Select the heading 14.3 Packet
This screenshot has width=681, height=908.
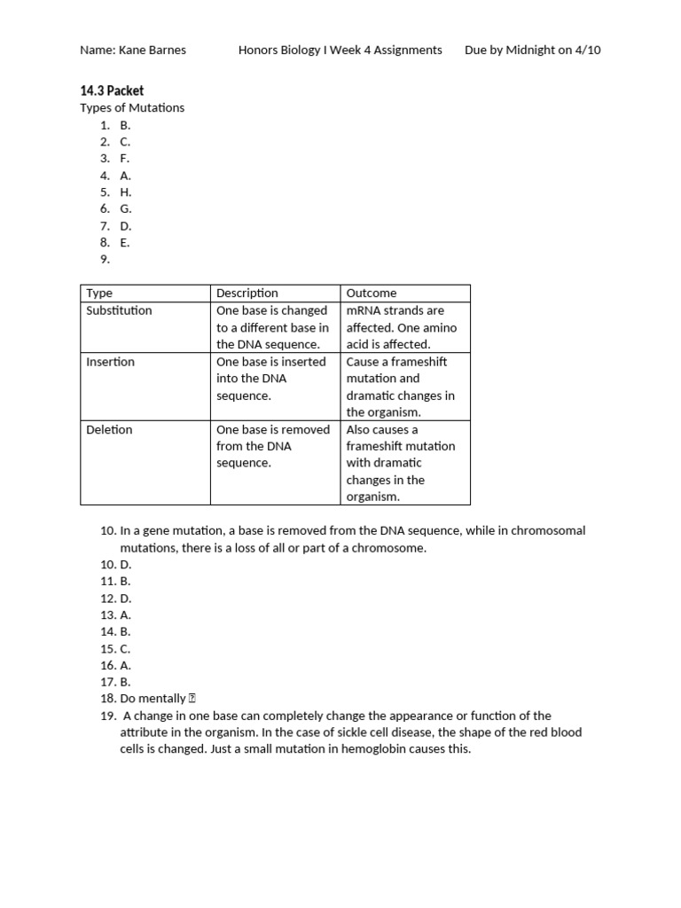click(112, 90)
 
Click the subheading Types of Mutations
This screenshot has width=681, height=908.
click(132, 107)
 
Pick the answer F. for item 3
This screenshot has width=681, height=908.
click(125, 158)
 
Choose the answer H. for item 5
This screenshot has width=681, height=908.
click(126, 192)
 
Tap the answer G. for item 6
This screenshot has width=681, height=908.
click(126, 208)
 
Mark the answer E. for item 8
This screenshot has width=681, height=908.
click(125, 242)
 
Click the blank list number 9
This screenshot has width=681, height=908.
click(105, 259)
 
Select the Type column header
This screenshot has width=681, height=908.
click(99, 293)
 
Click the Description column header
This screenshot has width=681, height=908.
click(247, 293)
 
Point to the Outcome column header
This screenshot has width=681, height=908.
click(372, 293)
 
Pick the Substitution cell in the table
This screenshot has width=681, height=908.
click(119, 310)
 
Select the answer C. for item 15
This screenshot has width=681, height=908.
click(125, 648)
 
